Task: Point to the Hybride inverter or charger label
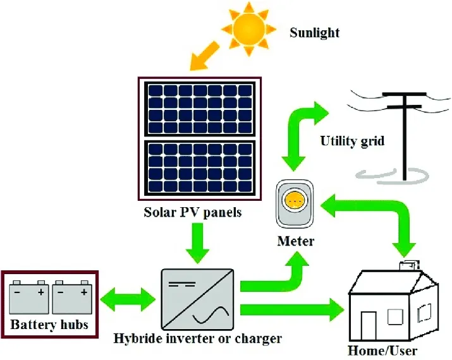(x=197, y=339)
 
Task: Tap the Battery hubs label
(x=49, y=326)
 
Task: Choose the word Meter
(x=295, y=241)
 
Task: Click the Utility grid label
(x=352, y=140)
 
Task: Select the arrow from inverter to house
(x=291, y=310)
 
